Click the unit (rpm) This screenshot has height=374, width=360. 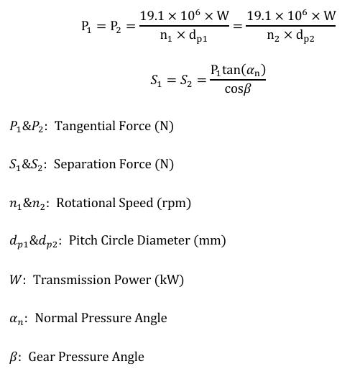[174, 204]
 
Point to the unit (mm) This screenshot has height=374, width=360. [210, 241]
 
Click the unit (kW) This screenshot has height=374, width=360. [169, 280]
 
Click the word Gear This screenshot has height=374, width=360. [42, 357]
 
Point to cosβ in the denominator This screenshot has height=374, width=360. [238, 89]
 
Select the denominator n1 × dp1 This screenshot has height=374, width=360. [184, 36]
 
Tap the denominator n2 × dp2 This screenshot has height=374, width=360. [290, 36]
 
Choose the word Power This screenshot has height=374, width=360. [132, 280]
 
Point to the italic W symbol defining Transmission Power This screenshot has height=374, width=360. [15, 280]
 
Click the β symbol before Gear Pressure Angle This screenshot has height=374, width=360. [13, 357]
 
